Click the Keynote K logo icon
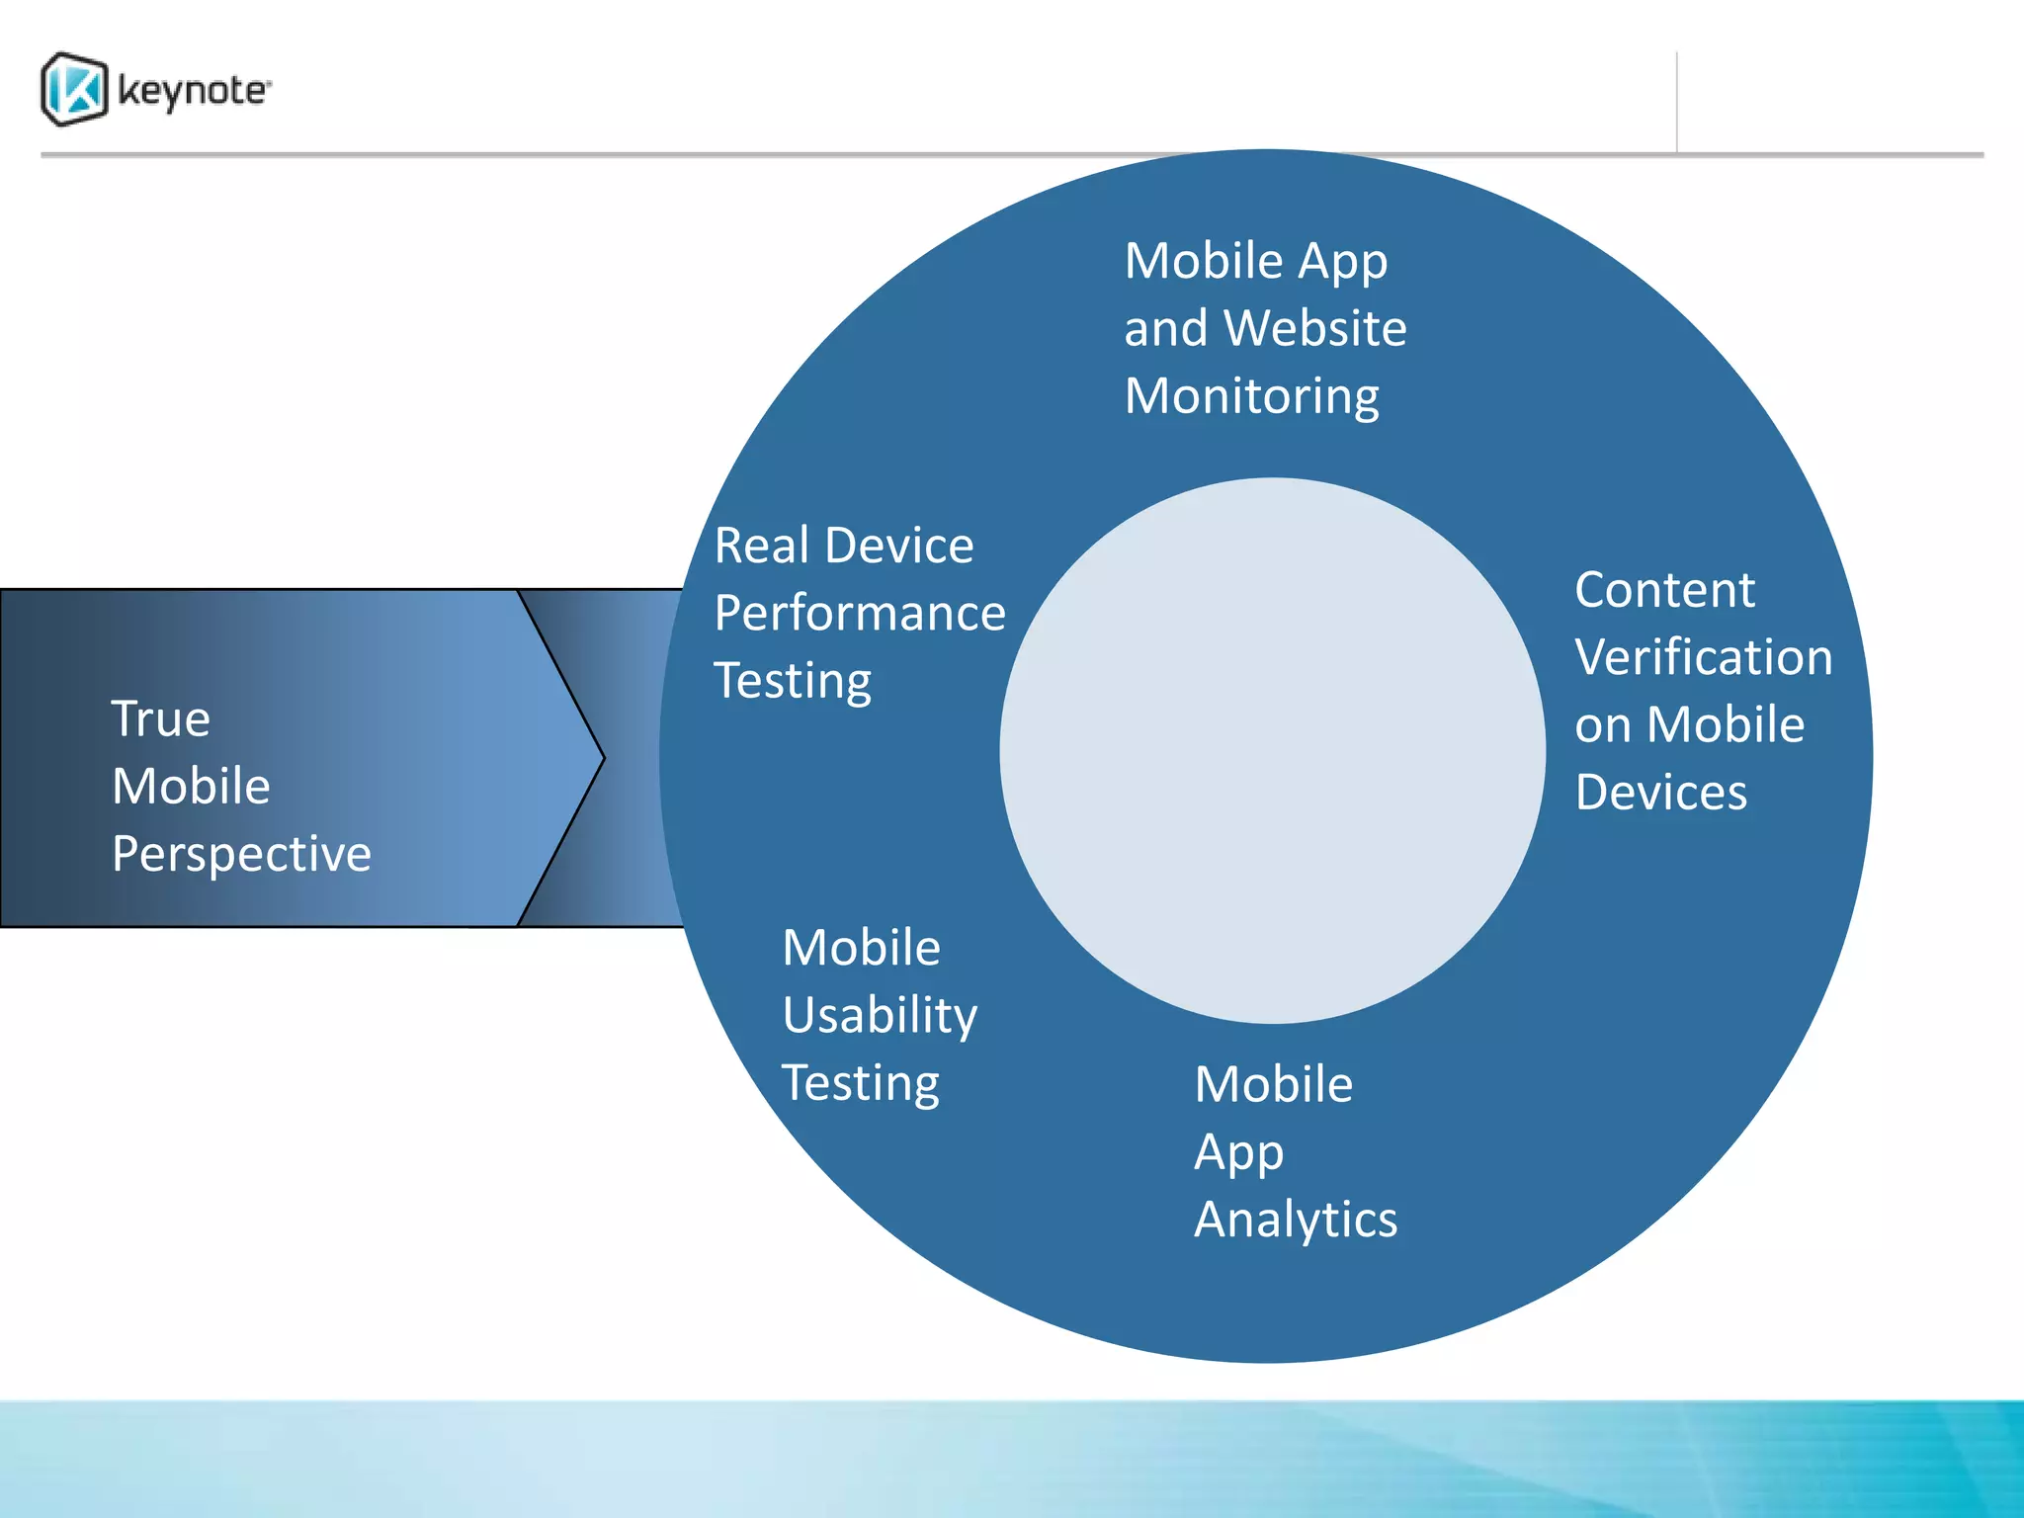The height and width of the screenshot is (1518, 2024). tap(74, 90)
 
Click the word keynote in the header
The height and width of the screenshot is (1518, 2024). tap(193, 91)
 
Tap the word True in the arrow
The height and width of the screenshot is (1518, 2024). tap(160, 718)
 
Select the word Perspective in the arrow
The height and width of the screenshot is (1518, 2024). tap(241, 854)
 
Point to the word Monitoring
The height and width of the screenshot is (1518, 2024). tap(1251, 397)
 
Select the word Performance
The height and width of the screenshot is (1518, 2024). tap(860, 613)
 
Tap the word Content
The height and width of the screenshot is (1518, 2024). tap(1664, 590)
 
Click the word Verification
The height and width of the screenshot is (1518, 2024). tap(1704, 657)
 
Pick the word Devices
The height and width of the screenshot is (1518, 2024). tap(1661, 793)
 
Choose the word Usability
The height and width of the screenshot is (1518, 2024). tap(880, 1016)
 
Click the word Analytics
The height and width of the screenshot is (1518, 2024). tap(1296, 1220)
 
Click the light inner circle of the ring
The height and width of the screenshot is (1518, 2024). tap(1272, 751)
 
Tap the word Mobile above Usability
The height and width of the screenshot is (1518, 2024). tap(861, 948)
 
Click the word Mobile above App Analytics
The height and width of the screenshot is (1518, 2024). tap(1273, 1084)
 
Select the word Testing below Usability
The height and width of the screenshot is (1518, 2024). tap(860, 1083)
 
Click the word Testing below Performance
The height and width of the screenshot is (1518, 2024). tap(793, 681)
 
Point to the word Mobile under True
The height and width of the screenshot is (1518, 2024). tap(191, 787)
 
